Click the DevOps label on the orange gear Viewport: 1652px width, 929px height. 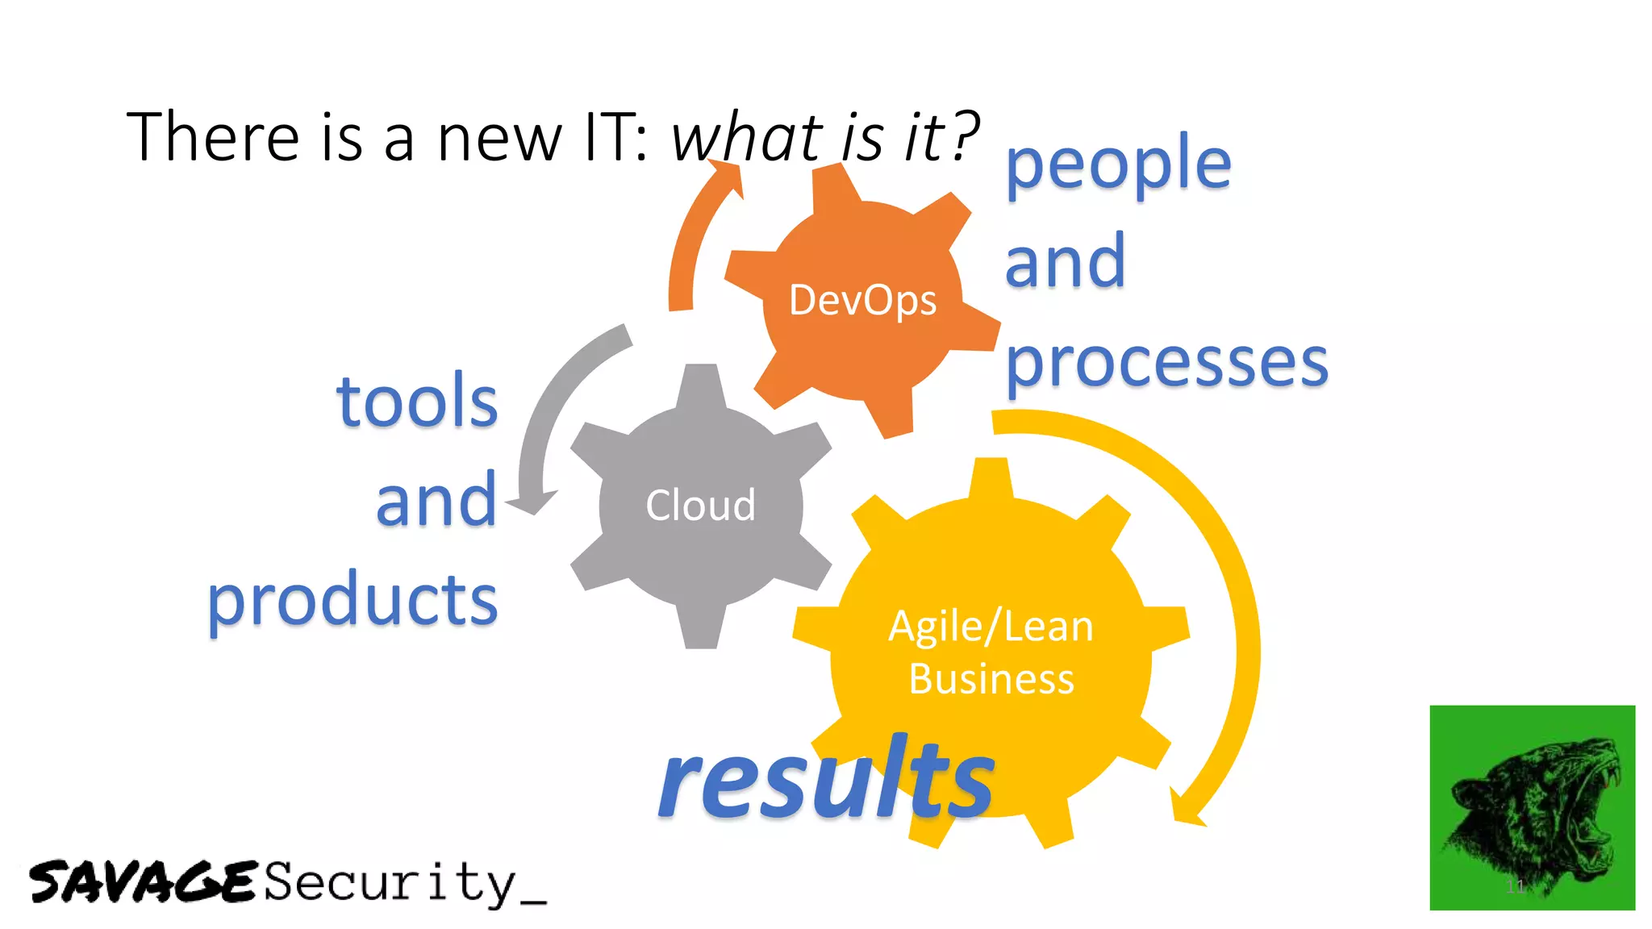click(862, 301)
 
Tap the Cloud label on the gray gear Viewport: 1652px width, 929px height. click(700, 506)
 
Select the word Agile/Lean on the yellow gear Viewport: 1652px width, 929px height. click(991, 627)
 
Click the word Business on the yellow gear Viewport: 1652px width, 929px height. click(991, 679)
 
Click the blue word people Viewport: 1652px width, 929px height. click(1118, 165)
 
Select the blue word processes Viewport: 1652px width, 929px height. click(1166, 363)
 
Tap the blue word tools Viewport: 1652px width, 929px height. click(417, 401)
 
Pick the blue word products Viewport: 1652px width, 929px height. click(353, 600)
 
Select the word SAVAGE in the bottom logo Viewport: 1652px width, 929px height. click(143, 881)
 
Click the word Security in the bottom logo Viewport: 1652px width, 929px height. click(390, 882)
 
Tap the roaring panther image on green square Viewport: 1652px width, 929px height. click(1532, 807)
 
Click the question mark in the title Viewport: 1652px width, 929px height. click(963, 135)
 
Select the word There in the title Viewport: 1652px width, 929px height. click(213, 137)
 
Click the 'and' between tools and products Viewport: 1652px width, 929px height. click(436, 502)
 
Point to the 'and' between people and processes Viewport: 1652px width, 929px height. click(1065, 261)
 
